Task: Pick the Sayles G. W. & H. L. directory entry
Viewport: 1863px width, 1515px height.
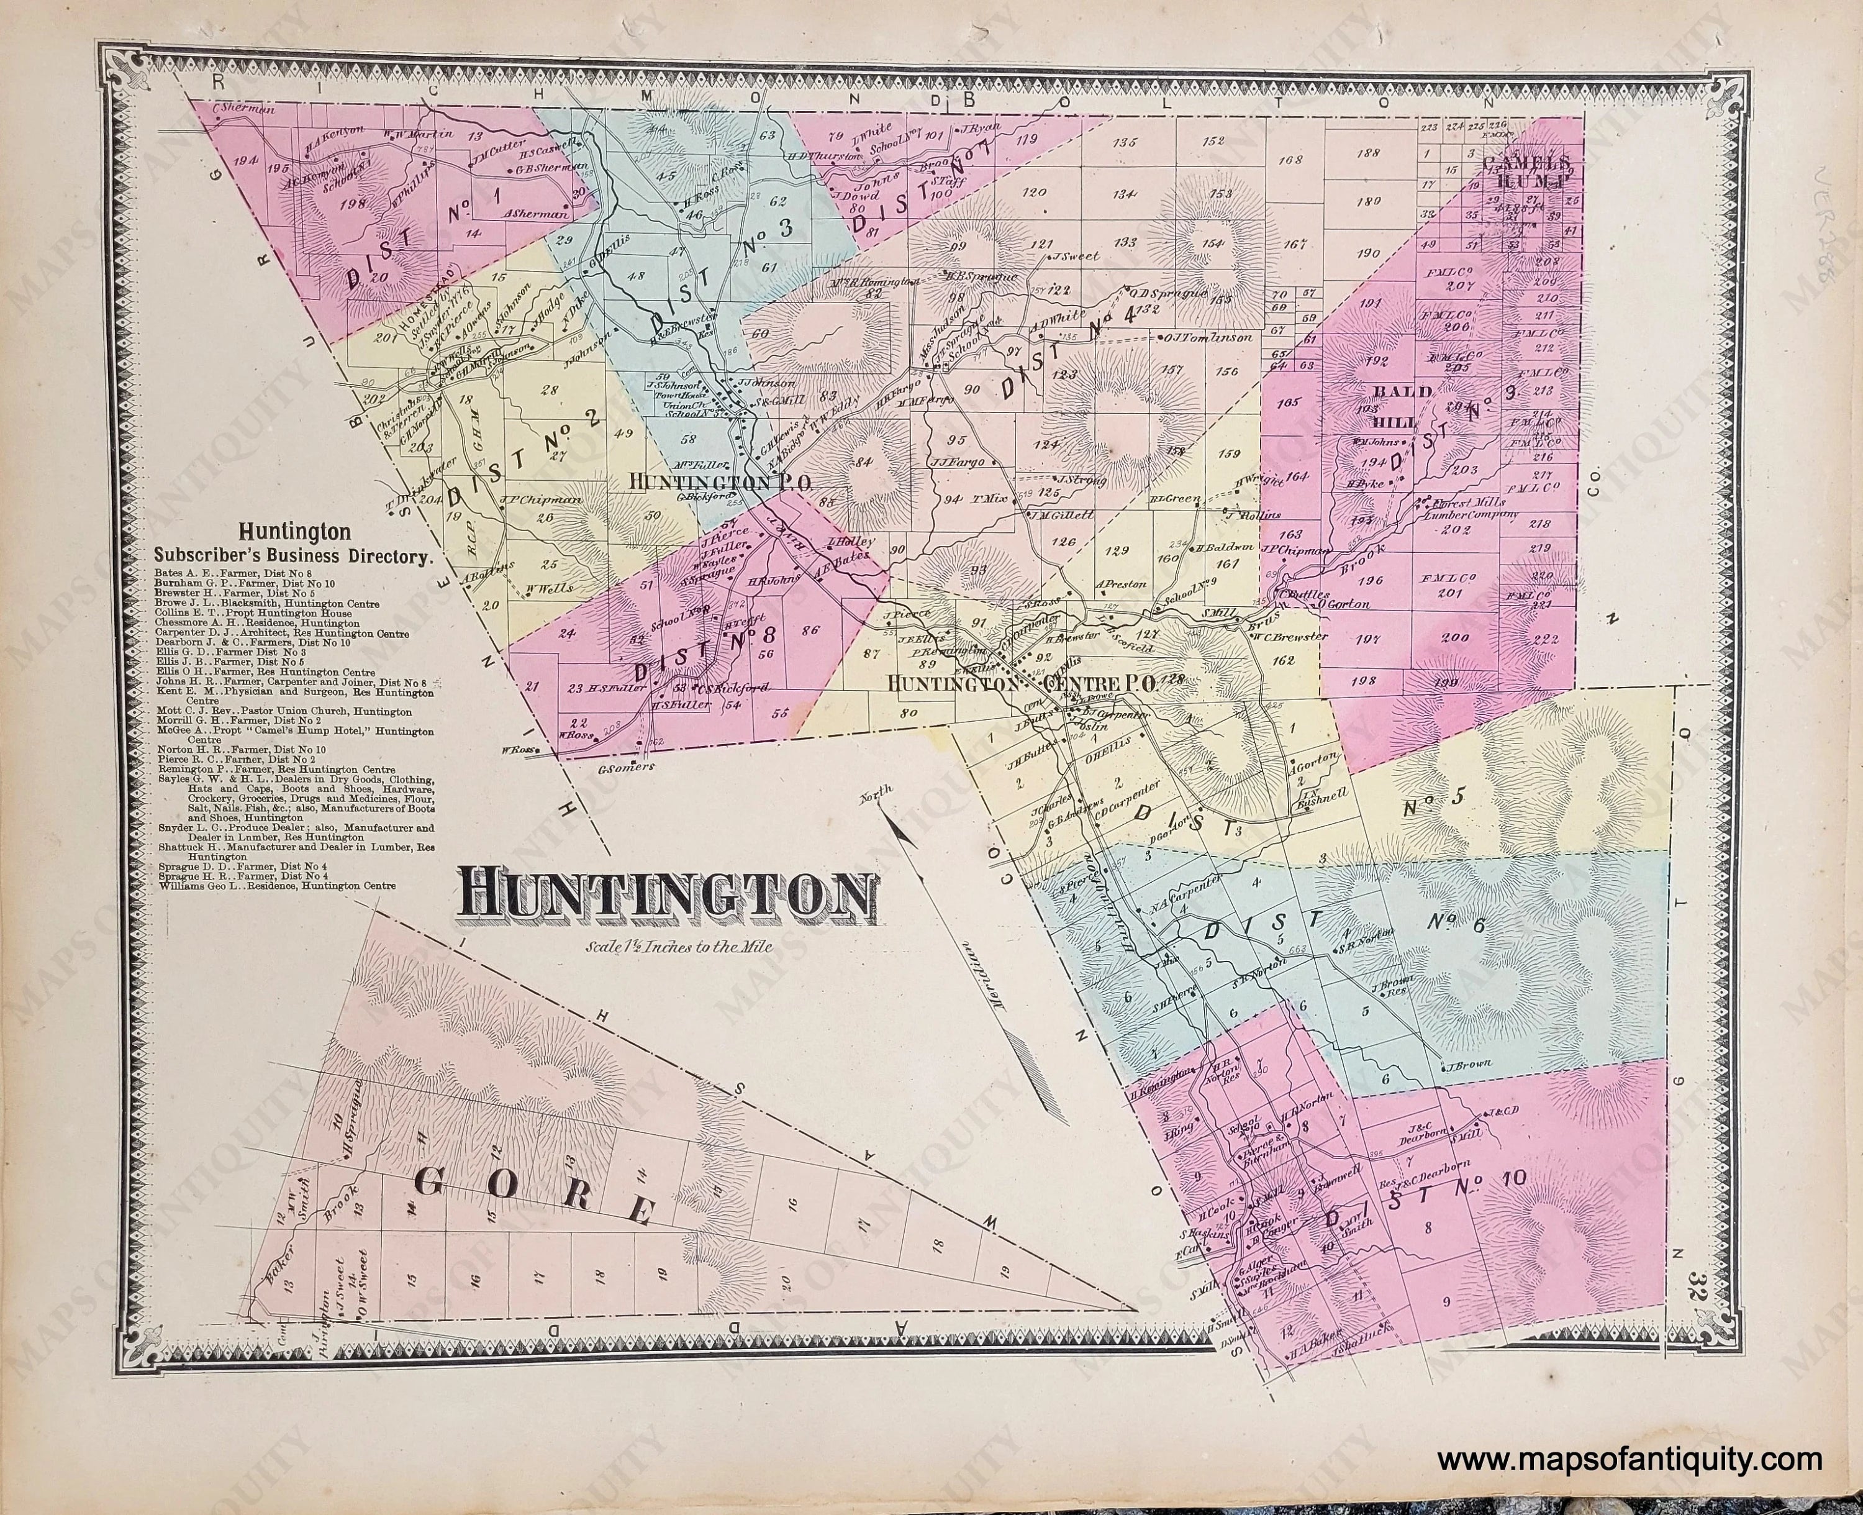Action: tap(297, 780)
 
